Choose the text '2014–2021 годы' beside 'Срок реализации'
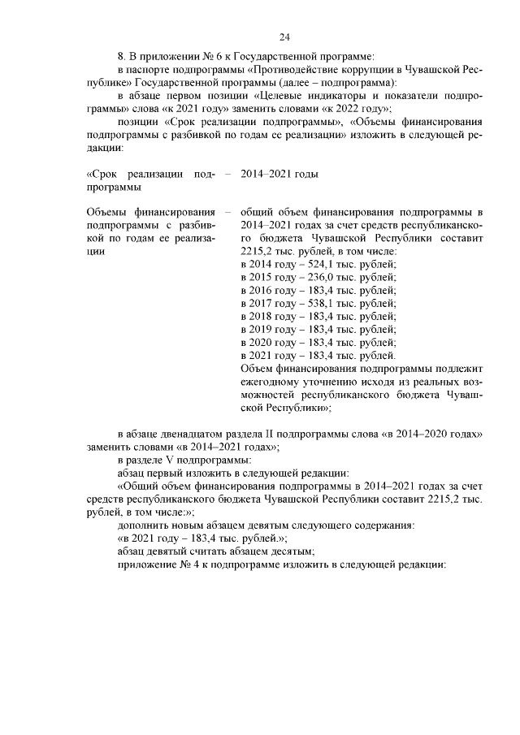(279, 175)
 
